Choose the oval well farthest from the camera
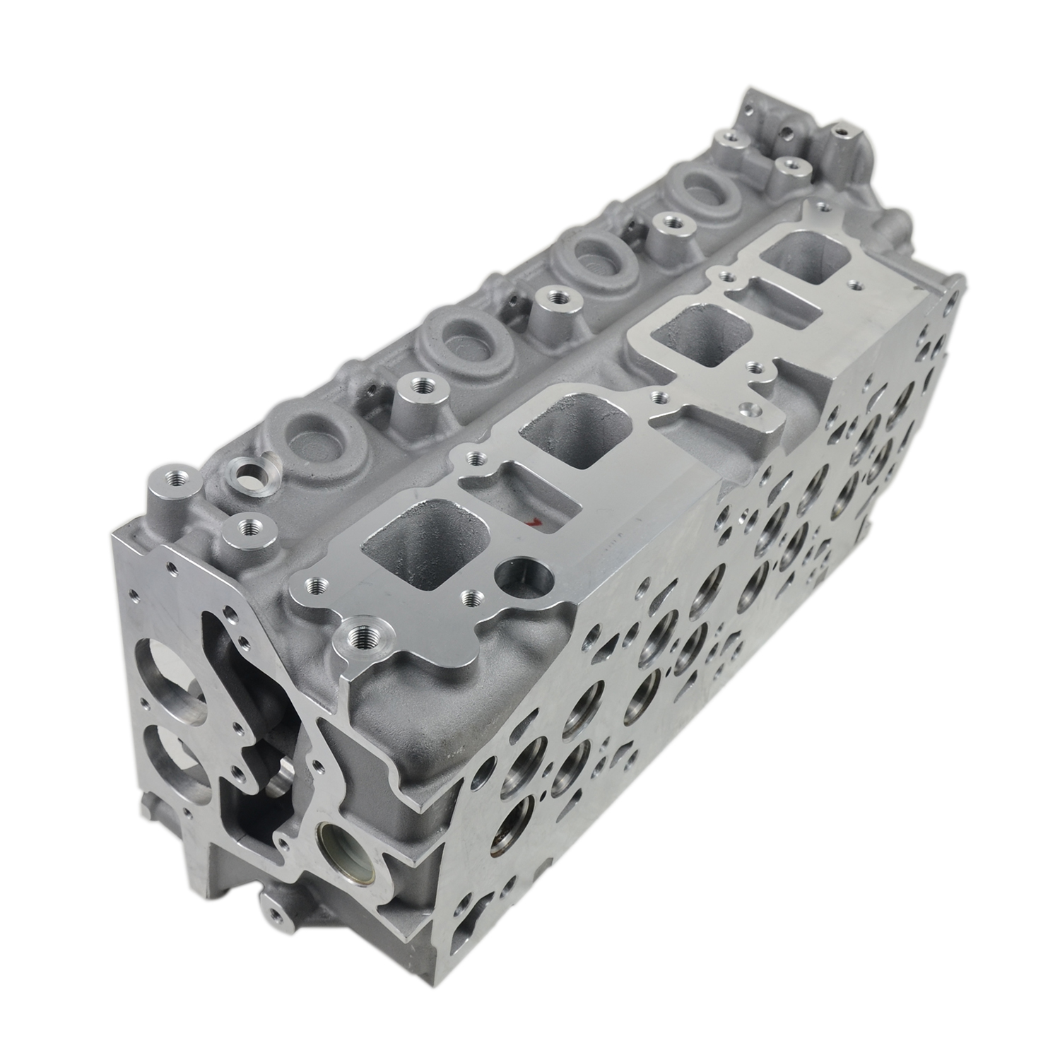coord(704,187)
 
